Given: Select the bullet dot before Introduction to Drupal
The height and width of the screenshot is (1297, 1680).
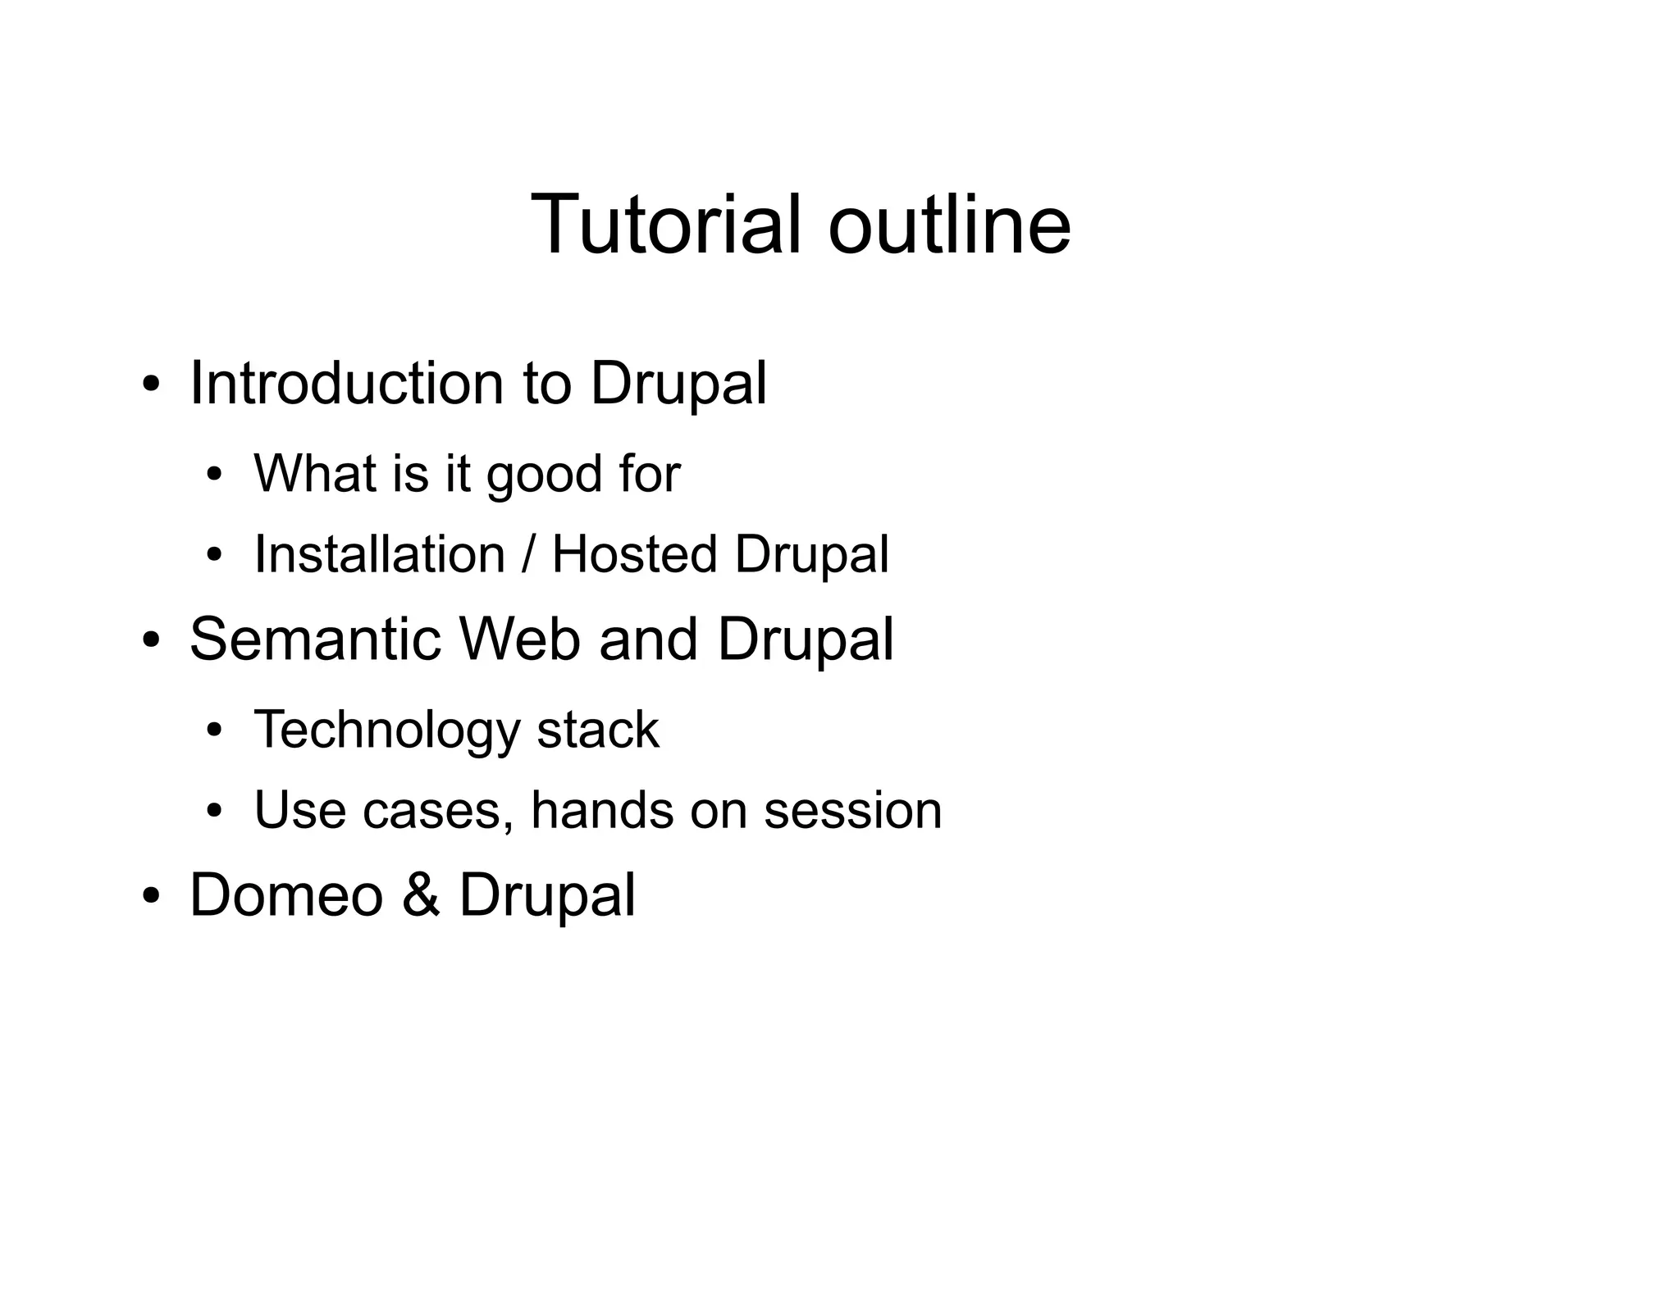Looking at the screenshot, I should click(150, 385).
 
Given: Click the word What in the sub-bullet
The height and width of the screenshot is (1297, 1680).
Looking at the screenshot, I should click(316, 474).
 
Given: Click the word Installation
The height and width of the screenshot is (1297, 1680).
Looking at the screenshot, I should click(379, 554).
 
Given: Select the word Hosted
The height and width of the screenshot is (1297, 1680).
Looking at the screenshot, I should click(634, 554).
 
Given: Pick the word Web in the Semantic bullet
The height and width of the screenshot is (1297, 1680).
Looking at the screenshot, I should click(519, 639).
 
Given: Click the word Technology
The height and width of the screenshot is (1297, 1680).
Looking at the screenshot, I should click(386, 730).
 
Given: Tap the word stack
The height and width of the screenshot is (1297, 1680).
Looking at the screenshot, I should click(597, 729).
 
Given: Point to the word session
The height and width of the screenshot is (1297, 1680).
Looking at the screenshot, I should click(852, 811).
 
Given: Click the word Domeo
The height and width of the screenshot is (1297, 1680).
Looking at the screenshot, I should click(286, 894).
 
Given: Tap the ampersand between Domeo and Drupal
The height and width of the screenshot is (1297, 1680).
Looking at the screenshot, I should click(421, 894).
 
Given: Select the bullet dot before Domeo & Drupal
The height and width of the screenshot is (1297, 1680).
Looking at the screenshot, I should click(150, 896).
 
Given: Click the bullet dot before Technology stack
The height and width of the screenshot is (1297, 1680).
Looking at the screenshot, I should click(215, 730).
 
